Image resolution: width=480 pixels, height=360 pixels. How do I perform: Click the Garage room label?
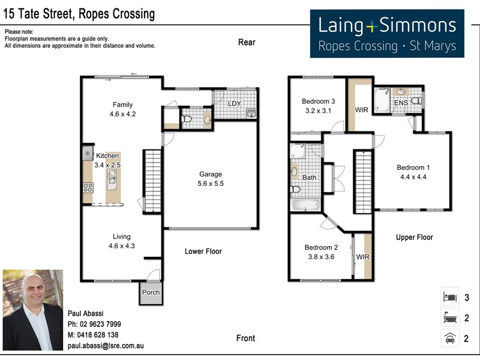[211, 175]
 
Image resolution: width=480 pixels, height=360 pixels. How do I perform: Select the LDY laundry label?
[235, 103]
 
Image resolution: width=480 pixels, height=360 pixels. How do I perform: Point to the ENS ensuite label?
[401, 103]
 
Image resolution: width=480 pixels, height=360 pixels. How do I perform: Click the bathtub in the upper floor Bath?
[305, 205]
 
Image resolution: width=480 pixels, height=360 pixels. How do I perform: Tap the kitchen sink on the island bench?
[112, 176]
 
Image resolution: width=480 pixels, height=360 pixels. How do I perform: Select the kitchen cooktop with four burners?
[88, 187]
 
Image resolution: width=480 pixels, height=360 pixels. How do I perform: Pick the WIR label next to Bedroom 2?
[363, 257]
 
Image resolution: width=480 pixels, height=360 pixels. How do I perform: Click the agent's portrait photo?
[32, 310]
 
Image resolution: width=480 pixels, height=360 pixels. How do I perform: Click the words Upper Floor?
[414, 237]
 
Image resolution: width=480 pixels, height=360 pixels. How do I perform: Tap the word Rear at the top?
[246, 42]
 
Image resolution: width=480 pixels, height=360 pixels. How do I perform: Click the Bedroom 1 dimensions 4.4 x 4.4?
[412, 176]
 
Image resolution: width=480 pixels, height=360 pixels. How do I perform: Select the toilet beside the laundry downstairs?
[187, 119]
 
